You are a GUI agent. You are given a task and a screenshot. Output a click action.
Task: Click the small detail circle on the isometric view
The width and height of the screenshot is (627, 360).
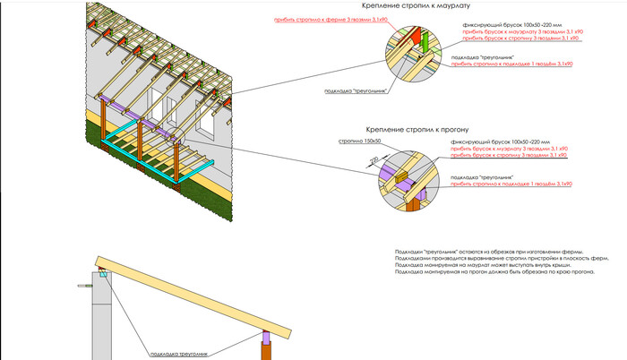[176, 139]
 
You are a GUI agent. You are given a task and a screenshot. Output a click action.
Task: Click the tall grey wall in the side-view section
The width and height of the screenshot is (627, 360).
[102, 322]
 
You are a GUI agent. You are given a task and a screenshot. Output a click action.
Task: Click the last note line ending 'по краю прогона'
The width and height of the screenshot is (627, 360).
[494, 273]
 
